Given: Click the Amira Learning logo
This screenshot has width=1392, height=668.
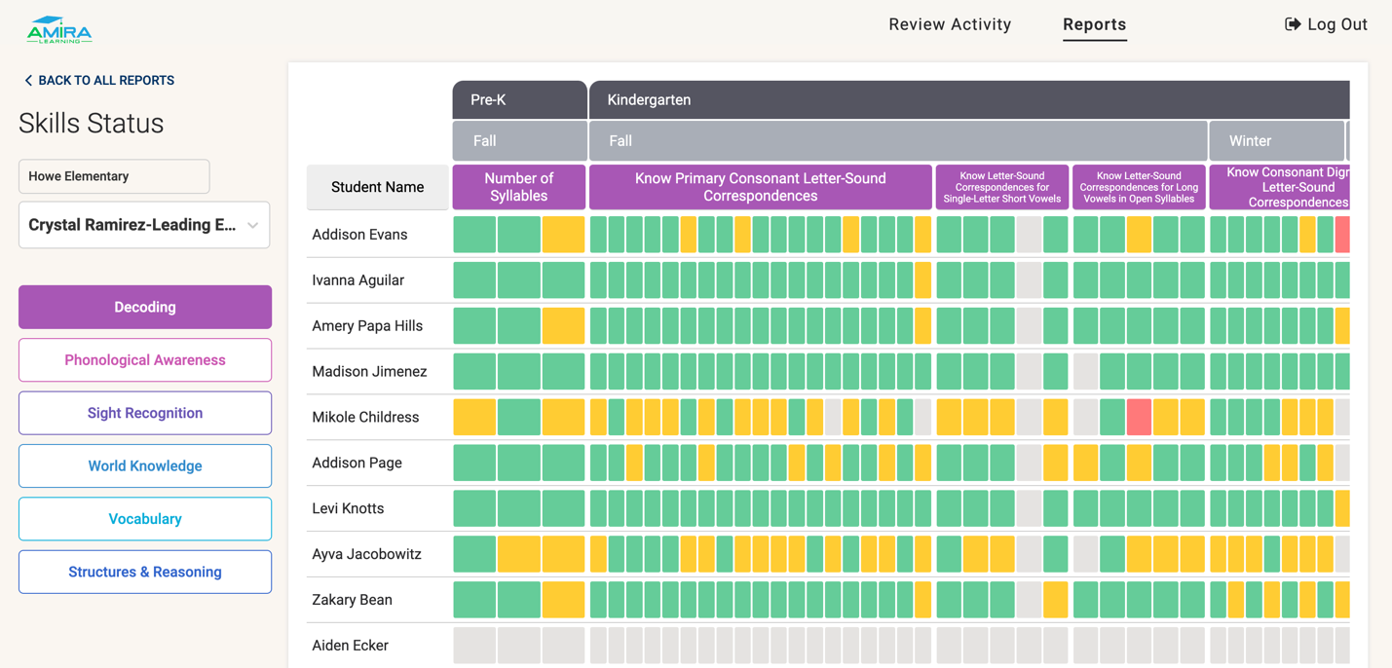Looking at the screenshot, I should (x=59, y=30).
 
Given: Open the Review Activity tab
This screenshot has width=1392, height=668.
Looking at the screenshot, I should (x=950, y=24).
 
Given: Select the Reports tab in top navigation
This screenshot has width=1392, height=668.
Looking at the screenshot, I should (x=1094, y=24).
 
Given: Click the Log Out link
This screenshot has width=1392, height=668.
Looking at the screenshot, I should (x=1326, y=24).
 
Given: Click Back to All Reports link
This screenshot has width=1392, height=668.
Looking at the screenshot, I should (x=98, y=81).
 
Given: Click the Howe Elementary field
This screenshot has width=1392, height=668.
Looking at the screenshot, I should (x=114, y=176).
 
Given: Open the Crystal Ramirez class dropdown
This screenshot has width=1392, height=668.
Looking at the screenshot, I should (x=144, y=225).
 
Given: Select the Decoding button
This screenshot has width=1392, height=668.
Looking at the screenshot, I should (x=145, y=307).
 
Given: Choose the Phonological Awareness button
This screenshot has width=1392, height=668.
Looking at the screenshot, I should (x=145, y=360).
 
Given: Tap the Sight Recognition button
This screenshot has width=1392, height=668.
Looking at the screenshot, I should (x=145, y=413).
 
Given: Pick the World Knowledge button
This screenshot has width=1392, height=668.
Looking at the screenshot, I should (x=145, y=465).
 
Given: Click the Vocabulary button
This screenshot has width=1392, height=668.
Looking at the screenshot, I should (x=145, y=519).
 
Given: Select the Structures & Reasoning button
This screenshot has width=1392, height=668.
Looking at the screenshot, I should (x=145, y=572).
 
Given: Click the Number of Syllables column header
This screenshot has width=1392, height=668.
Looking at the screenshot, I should (x=519, y=187).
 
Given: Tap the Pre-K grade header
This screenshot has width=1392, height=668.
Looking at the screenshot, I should (x=519, y=99).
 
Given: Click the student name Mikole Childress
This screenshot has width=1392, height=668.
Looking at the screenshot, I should (x=365, y=417).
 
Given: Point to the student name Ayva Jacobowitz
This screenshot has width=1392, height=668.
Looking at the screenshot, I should (x=366, y=554).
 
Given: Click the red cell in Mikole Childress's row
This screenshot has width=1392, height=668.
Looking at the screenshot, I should (x=1139, y=417).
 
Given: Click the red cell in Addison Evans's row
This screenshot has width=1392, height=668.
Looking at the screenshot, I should (x=1342, y=235).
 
